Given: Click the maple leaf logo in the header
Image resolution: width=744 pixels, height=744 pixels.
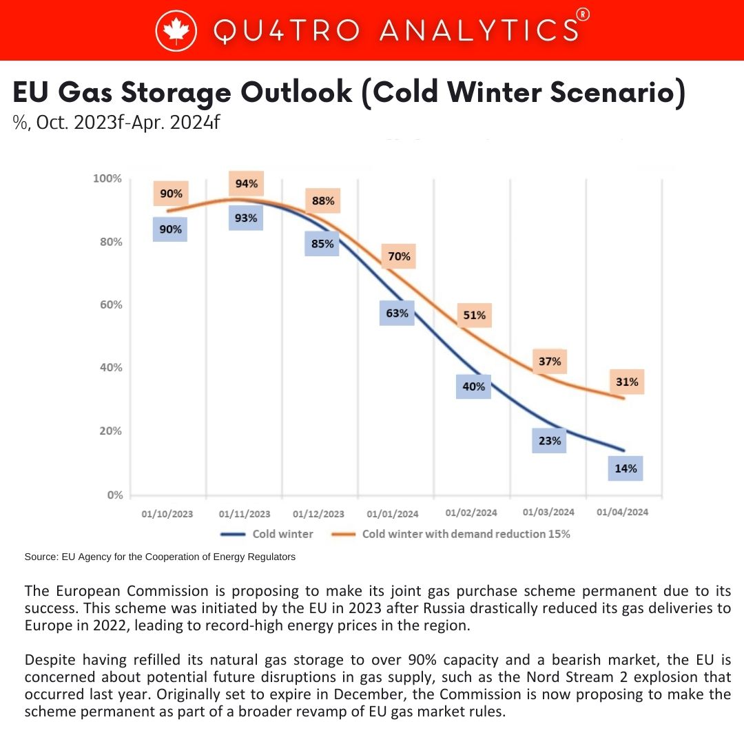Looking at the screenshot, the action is point(176,30).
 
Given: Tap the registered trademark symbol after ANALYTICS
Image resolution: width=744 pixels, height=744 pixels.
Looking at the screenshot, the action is point(583,14).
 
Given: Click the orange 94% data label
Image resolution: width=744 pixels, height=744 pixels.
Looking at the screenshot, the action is point(246,184).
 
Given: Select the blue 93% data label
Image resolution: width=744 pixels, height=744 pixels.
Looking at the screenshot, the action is point(246,218).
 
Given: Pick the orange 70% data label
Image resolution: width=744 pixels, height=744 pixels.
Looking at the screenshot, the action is point(399,257).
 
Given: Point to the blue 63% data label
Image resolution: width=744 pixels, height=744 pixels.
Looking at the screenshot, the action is point(397,313).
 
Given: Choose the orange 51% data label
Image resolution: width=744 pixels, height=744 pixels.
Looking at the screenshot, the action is point(475,316).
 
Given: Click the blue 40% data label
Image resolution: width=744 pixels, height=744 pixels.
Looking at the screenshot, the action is point(473,386).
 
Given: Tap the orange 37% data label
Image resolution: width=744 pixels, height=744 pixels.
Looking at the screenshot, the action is point(550,362).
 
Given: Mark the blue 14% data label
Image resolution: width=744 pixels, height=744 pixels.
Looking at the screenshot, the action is point(626,469).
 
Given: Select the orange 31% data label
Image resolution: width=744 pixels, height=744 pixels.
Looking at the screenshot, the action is point(628,382).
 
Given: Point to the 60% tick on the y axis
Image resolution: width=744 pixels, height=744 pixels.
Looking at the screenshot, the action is point(111,304).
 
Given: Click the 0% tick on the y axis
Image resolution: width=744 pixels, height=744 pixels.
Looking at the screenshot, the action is point(115,495).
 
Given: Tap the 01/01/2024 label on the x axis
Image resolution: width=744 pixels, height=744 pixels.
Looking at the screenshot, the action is point(393,514).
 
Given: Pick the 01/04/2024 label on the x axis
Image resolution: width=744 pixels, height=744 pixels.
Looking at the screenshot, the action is point(623,512).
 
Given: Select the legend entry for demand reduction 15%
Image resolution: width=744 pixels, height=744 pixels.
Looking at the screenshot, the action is point(451,535).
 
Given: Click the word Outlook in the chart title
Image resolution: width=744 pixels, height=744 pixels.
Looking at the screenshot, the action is point(296,92).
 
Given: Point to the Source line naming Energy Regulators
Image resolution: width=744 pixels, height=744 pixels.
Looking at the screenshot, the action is point(160,557).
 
